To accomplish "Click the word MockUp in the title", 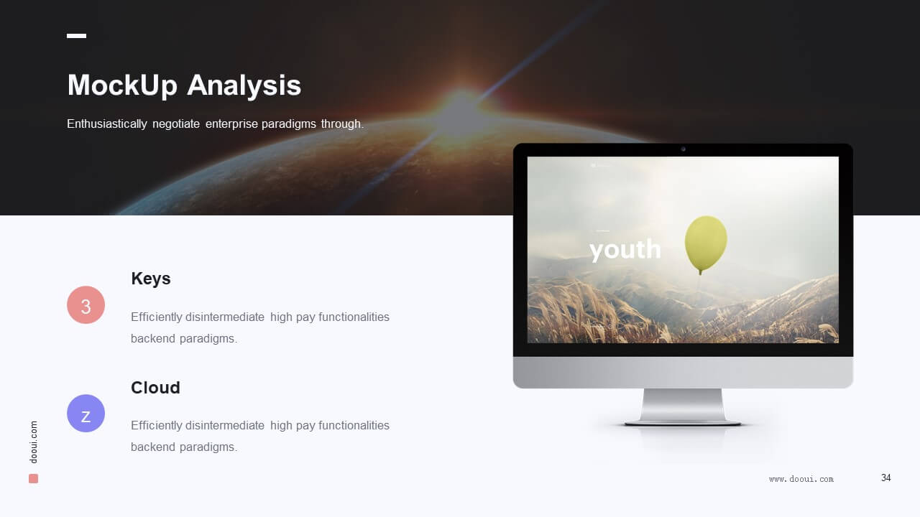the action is coord(122,85).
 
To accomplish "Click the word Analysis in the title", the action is coord(244,86).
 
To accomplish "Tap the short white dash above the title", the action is coord(76,36).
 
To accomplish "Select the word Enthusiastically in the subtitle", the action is coord(107,124).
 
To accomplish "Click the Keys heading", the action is coord(151,279).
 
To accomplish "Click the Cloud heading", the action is coord(155,387).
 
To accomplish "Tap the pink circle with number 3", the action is coord(86,305).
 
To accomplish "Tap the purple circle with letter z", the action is coord(86,413).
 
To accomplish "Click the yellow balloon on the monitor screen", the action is coord(706,242).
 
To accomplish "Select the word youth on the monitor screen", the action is coord(625,249).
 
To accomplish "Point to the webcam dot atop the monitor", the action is coord(683,149).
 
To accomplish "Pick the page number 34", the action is coord(886,478).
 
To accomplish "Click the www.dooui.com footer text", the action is coord(801,479).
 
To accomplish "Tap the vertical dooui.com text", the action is coord(34,442).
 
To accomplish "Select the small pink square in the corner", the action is coord(33,478).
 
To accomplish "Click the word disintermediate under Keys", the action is coord(225,317).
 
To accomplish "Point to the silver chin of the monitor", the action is coord(683,372).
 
